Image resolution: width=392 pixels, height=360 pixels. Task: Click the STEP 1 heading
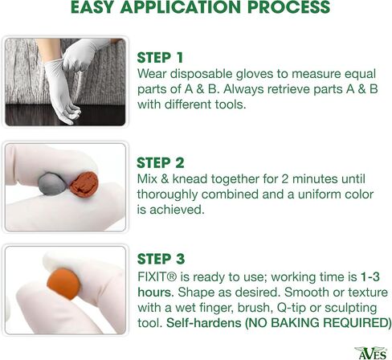(160, 58)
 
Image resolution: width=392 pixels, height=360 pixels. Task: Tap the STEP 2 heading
(161, 162)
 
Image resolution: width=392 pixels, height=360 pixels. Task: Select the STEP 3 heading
(161, 259)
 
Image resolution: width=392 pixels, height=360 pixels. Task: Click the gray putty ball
(52, 183)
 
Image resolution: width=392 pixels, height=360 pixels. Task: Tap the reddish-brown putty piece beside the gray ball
(84, 185)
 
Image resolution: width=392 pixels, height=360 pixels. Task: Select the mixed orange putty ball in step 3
(63, 284)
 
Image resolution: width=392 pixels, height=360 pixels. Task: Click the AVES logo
(372, 353)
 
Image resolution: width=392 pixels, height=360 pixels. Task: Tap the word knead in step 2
(190, 179)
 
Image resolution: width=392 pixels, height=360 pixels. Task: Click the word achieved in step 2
(177, 210)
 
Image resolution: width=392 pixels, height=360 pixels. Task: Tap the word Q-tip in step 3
(292, 308)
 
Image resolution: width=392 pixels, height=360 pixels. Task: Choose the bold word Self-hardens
(204, 322)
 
